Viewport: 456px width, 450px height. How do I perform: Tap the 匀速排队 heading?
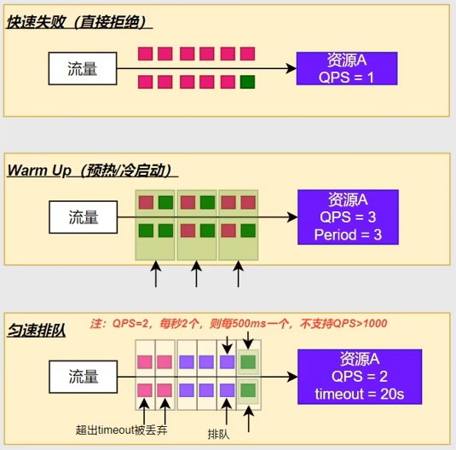click(37, 330)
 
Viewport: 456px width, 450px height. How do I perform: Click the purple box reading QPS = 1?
click(347, 69)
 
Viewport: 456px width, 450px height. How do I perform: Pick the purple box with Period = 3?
click(348, 217)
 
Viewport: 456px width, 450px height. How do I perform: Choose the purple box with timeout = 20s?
click(360, 377)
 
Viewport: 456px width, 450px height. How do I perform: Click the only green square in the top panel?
click(247, 82)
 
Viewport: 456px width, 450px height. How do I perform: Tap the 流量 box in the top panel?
click(83, 69)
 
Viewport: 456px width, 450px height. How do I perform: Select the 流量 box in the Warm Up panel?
click(84, 217)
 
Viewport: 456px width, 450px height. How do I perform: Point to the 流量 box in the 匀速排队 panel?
click(84, 377)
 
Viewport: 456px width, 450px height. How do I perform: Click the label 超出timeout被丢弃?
click(122, 430)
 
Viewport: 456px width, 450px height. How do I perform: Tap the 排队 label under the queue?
click(219, 435)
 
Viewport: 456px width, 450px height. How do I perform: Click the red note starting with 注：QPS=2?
click(239, 324)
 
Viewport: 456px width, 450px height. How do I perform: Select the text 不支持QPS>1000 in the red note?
click(343, 324)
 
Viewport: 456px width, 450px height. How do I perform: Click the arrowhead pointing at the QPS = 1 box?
click(291, 69)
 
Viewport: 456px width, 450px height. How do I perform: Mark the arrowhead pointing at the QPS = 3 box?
click(292, 217)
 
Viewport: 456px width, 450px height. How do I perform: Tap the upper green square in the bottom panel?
click(248, 362)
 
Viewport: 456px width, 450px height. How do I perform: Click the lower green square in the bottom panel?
click(248, 390)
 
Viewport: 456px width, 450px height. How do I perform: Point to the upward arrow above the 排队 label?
click(227, 412)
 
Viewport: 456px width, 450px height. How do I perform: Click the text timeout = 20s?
click(360, 394)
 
